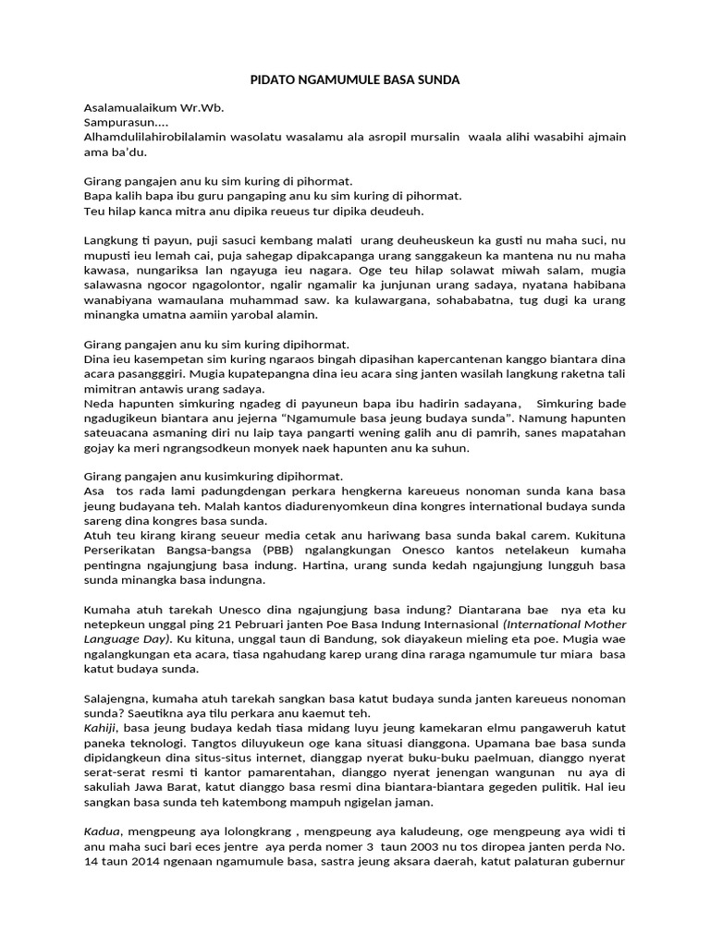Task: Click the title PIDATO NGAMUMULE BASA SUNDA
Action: [356, 80]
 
